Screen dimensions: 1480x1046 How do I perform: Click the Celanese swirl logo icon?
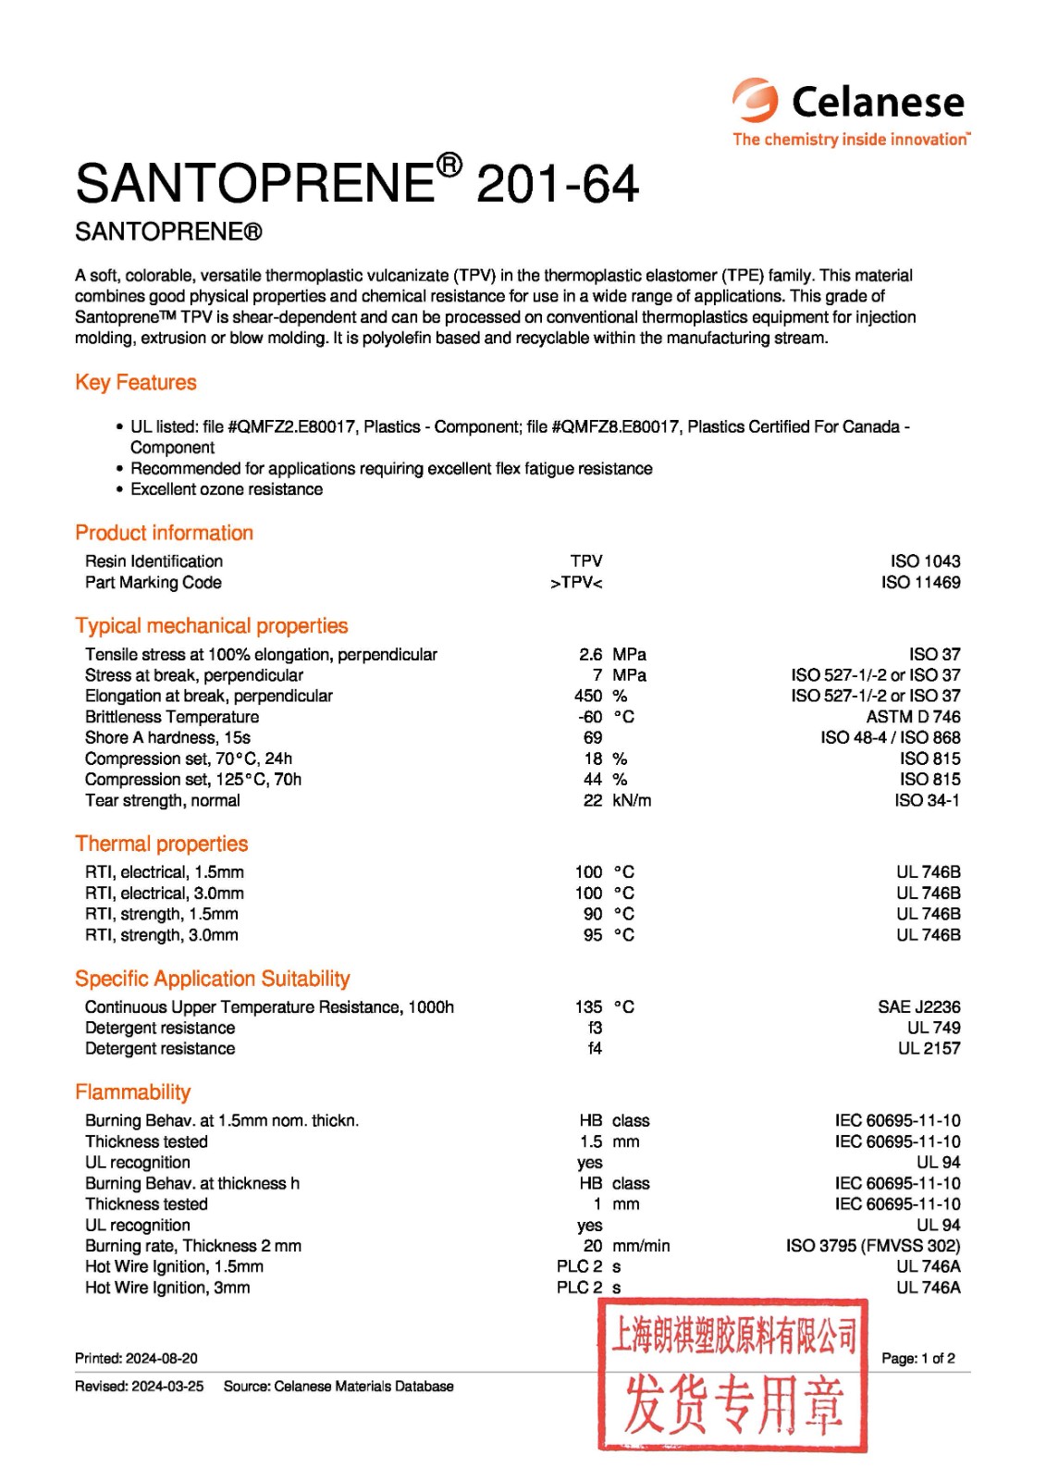pos(756,100)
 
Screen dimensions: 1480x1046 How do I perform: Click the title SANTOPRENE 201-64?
pos(357,182)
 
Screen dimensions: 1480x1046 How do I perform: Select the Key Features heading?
pos(136,382)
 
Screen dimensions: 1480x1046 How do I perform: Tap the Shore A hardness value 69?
pos(592,737)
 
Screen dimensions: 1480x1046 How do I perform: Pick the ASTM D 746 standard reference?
pos(913,717)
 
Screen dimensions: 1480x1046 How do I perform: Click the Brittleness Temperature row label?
pos(172,717)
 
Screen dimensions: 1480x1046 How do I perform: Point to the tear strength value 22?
pos(592,800)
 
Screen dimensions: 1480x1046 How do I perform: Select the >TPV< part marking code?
pos(576,583)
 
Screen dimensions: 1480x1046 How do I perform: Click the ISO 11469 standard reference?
pos(920,583)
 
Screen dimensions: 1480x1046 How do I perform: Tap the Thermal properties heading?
pos(162,844)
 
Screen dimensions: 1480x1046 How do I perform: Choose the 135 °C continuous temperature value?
pos(604,1006)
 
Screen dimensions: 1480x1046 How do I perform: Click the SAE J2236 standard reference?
pos(918,1006)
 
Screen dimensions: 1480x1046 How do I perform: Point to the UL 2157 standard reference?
pos(929,1048)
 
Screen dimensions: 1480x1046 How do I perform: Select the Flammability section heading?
pos(133,1091)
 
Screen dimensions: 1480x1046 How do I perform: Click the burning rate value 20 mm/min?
pos(625,1246)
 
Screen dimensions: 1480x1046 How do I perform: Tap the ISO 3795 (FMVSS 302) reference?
pos(873,1246)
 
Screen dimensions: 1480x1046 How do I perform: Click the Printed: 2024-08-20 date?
pos(136,1358)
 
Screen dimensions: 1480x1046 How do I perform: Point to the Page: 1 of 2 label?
pos(917,1358)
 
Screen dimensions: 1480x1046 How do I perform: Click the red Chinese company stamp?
pos(732,1374)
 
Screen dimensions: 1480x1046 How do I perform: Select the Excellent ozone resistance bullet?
pos(227,489)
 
